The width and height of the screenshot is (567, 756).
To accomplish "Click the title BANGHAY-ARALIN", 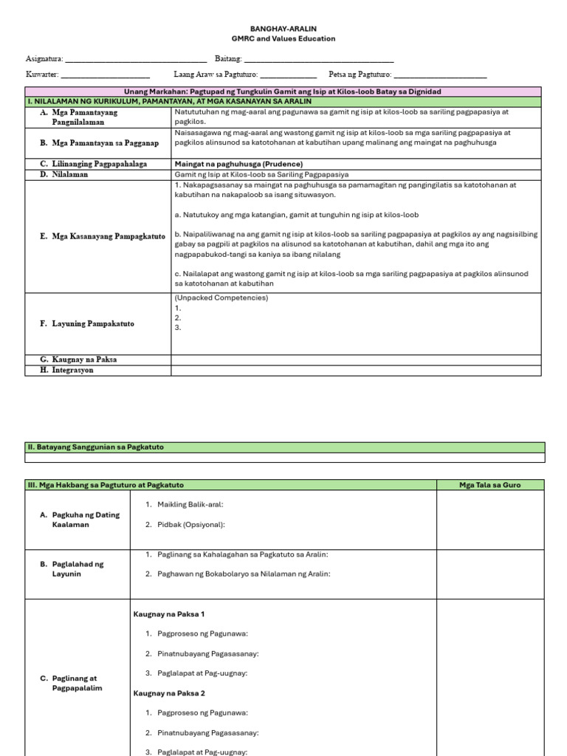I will (283, 27).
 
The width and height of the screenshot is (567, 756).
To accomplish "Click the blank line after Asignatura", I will (136, 59).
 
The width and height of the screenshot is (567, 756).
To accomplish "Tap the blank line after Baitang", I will (318, 59).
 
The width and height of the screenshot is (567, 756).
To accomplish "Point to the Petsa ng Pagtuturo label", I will (360, 75).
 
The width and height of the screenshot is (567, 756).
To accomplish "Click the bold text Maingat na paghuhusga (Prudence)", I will (238, 164).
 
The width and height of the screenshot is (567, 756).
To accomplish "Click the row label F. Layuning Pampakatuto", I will (87, 323).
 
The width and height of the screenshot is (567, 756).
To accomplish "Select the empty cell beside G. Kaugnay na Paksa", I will (356, 360).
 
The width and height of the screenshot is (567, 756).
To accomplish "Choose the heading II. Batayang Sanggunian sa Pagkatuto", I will (95, 447).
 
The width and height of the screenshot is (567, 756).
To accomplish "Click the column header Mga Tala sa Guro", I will (489, 485).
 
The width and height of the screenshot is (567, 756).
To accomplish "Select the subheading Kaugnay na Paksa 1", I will (169, 614).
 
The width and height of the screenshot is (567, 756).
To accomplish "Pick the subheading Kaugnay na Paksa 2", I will (169, 693).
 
